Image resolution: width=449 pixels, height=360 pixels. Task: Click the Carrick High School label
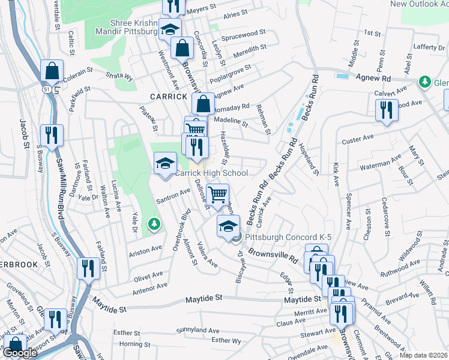(211, 173)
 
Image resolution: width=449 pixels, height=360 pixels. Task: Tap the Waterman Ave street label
(384, 163)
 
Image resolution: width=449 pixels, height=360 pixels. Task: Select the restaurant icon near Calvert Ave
(384, 110)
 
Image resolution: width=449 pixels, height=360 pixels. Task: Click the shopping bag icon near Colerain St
(52, 71)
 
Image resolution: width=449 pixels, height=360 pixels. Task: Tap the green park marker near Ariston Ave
(155, 224)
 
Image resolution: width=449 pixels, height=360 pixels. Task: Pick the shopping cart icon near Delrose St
(217, 194)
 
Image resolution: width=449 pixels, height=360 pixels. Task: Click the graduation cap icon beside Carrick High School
(165, 163)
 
